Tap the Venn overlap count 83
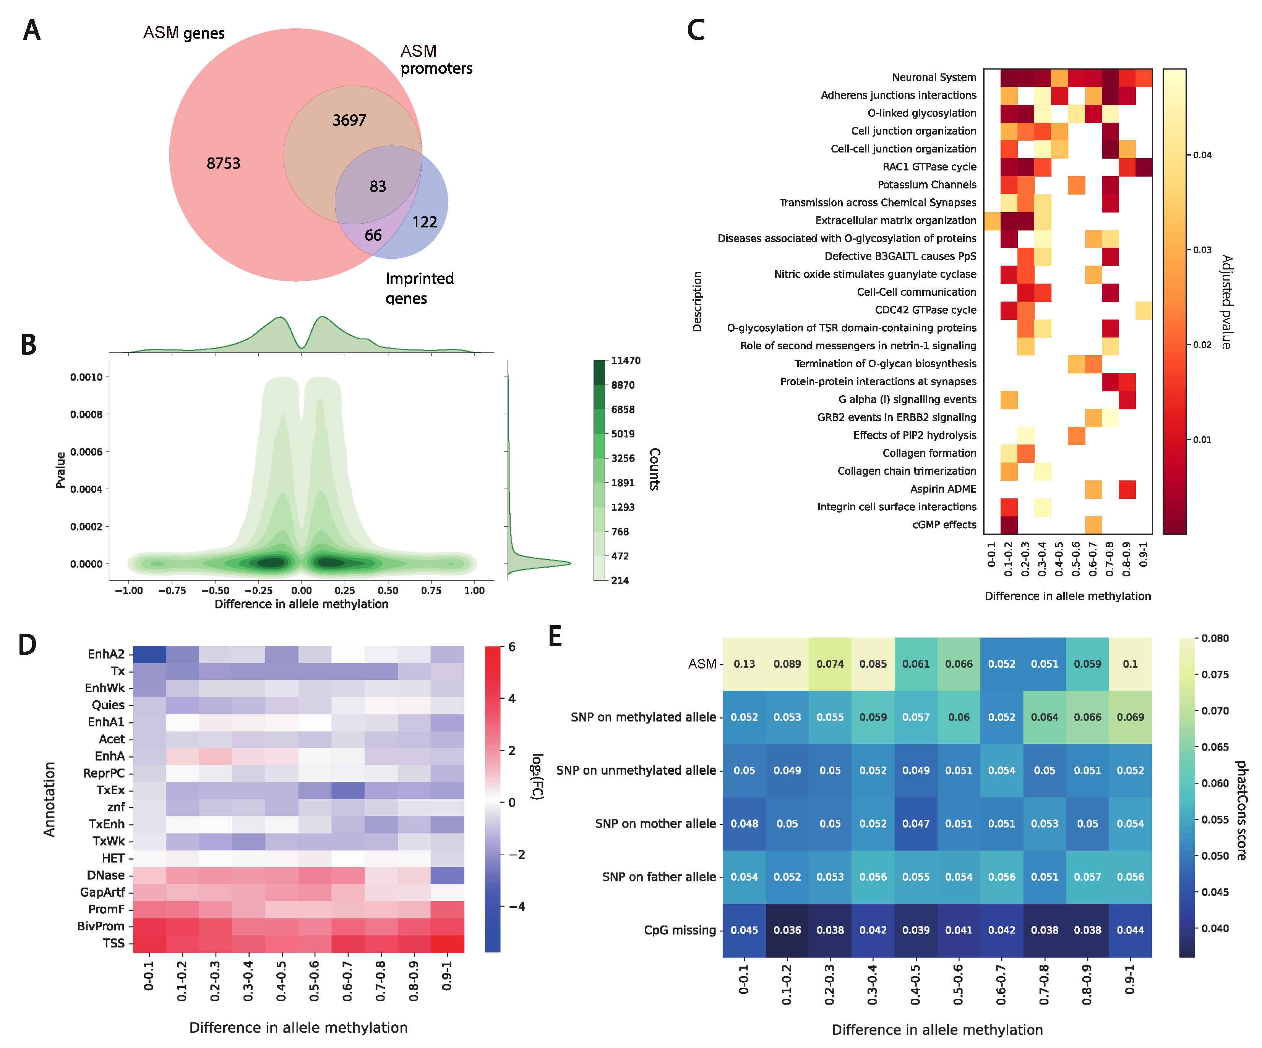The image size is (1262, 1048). [x=377, y=186]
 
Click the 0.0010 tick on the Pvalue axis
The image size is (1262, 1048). [x=86, y=377]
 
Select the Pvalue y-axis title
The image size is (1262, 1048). [x=60, y=470]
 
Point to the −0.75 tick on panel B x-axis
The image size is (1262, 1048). [x=172, y=591]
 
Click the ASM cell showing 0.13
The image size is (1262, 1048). [x=744, y=664]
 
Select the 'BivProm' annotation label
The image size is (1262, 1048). [x=101, y=926]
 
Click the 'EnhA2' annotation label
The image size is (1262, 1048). [x=106, y=654]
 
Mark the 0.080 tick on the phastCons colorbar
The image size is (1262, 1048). [x=1215, y=638]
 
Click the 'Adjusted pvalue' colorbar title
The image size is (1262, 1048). [x=1226, y=302]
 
